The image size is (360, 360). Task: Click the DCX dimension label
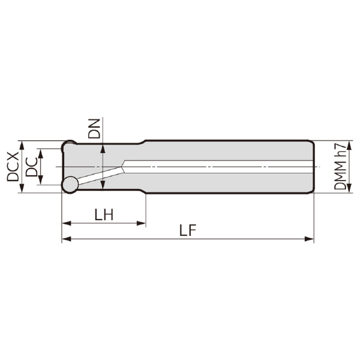13,167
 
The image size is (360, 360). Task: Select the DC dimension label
31,167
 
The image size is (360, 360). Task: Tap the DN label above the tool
94,128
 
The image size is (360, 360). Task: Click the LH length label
104,215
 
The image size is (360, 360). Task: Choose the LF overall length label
188,230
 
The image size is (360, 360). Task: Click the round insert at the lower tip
70,185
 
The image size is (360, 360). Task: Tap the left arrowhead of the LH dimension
67,223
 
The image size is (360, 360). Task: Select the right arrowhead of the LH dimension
141,223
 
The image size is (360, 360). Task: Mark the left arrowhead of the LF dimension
67,239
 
